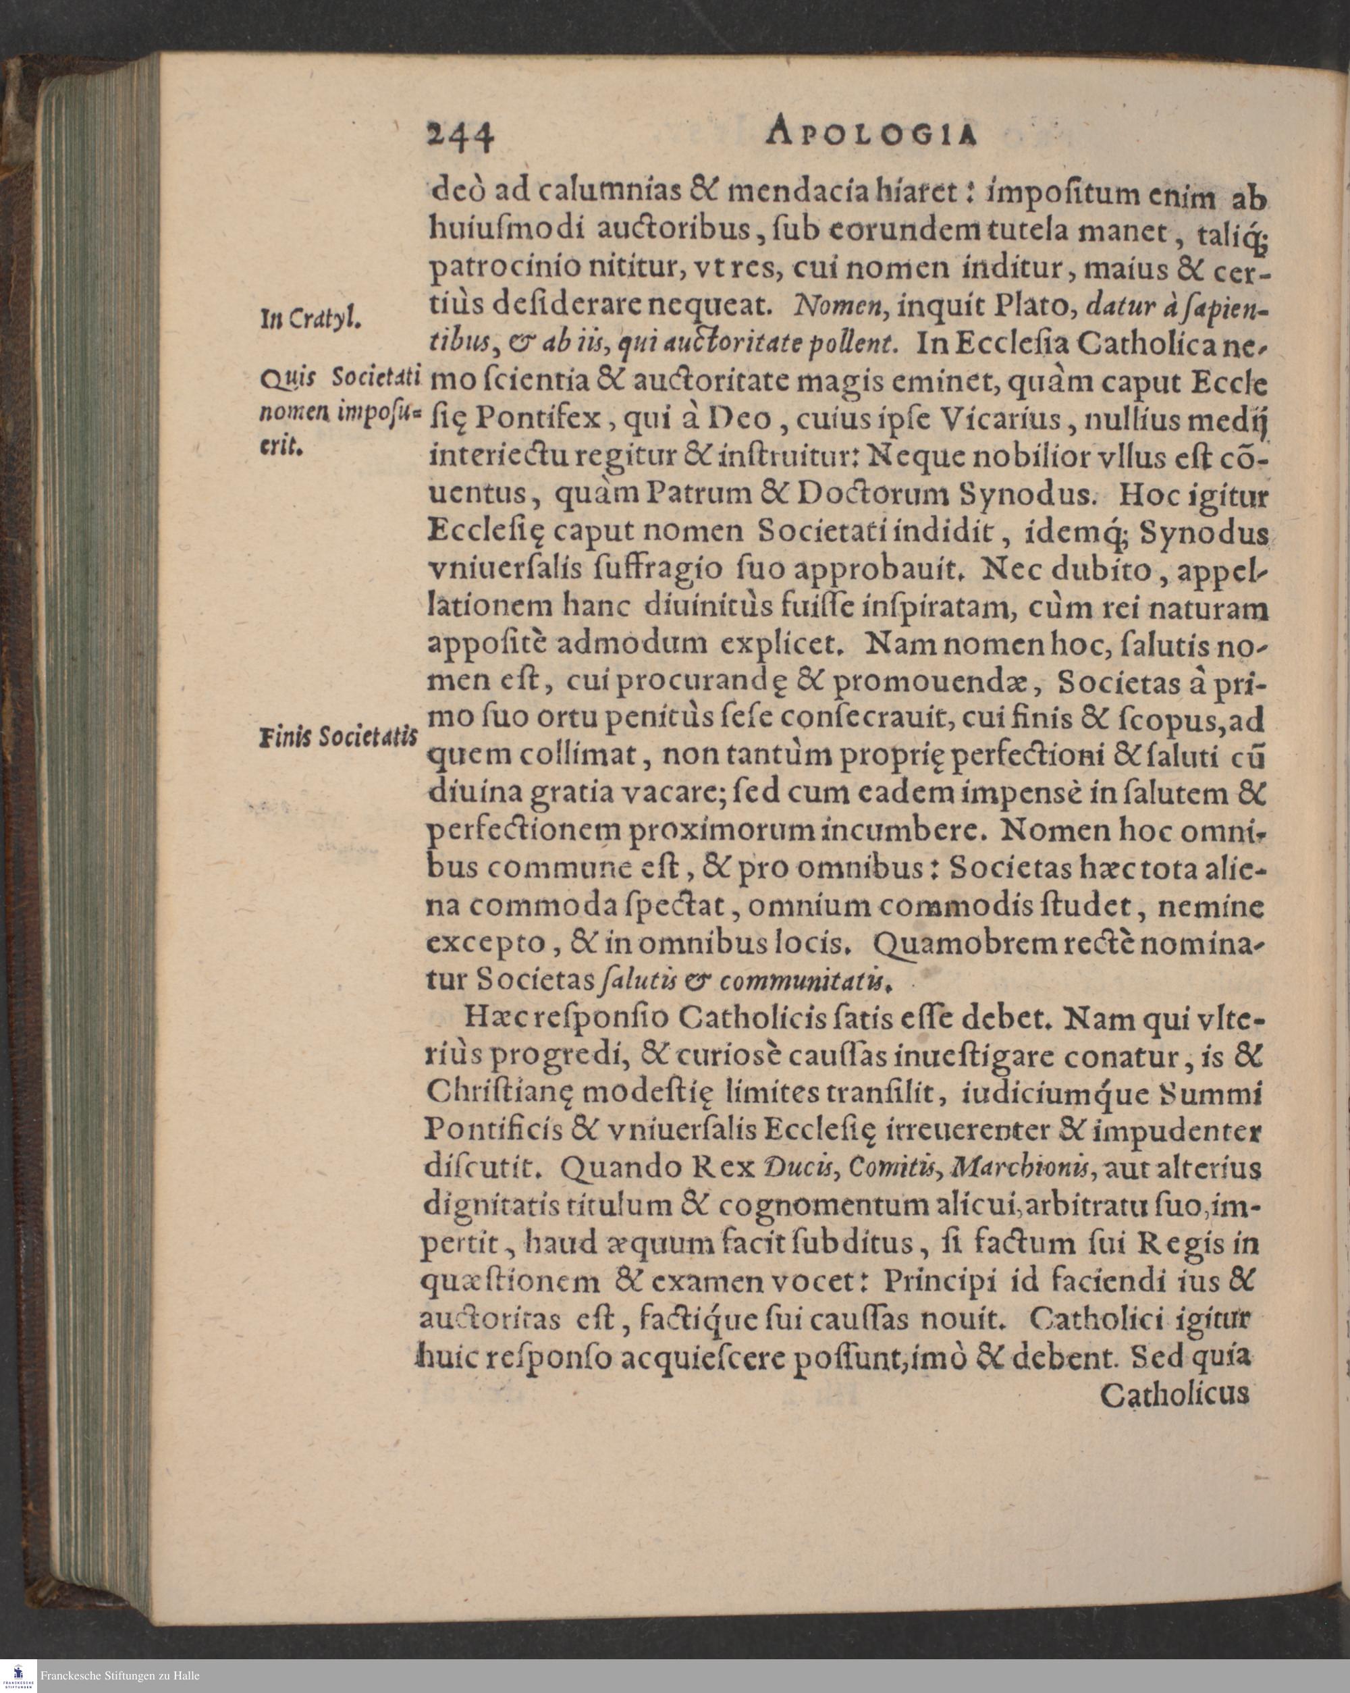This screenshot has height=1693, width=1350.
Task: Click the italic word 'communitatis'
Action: coord(807,981)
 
